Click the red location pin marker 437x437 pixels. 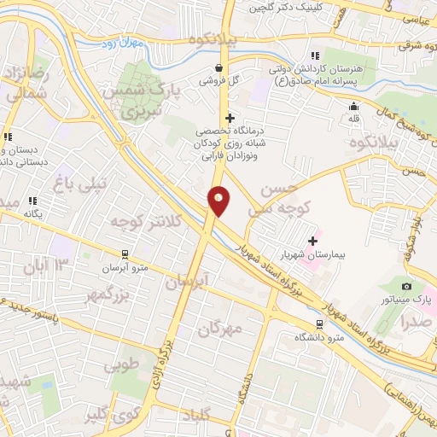[219, 201]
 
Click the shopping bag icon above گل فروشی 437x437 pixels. [219, 67]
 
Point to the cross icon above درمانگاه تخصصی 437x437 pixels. [228, 117]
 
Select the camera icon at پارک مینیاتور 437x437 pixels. [406, 286]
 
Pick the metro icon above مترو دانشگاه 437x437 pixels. [319, 324]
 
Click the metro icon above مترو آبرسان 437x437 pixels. [125, 253]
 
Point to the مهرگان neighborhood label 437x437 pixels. [220, 327]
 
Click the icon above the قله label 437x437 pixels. [353, 106]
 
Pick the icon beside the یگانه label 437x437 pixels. [33, 201]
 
